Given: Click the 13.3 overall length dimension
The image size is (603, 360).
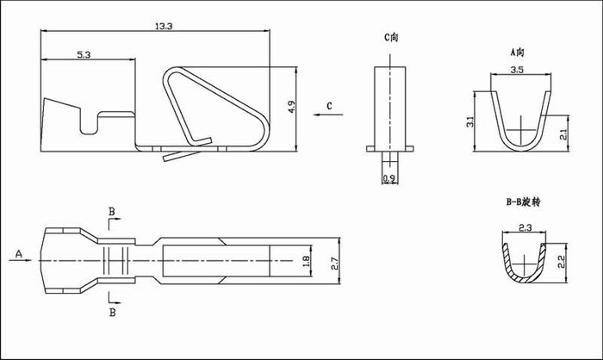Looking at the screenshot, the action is pyautogui.click(x=164, y=26).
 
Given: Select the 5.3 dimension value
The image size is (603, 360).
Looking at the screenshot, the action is pyautogui.click(x=84, y=54).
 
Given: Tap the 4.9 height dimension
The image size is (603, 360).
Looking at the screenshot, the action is pyautogui.click(x=291, y=107).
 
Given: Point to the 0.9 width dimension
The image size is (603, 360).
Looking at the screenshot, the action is pyautogui.click(x=389, y=178).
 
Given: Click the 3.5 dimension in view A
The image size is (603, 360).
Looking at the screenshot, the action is pyautogui.click(x=517, y=70).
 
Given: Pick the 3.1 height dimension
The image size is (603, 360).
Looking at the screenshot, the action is pyautogui.click(x=469, y=122).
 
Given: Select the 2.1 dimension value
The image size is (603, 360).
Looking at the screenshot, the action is pyautogui.click(x=563, y=134).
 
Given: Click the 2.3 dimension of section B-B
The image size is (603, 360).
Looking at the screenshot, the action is pyautogui.click(x=525, y=228).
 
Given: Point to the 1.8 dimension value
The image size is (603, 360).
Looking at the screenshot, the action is pyautogui.click(x=306, y=262).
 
